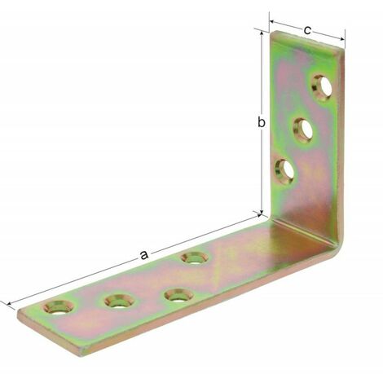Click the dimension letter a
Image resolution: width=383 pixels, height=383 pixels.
pos(144,255)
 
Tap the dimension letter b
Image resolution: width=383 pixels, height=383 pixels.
pos(261,122)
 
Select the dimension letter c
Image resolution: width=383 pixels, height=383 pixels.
pos(307,30)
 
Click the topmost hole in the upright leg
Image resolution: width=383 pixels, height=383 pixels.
pos(322,88)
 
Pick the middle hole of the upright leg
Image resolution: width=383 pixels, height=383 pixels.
pos(303,130)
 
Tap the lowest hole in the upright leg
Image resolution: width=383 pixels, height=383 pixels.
pos(285,171)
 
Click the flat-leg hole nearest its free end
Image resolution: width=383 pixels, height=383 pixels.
pos(59,308)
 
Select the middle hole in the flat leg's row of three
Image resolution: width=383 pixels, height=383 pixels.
pos(121,302)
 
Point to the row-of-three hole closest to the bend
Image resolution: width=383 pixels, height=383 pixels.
pos(179,295)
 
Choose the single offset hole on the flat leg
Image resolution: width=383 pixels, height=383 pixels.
pos(195,258)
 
